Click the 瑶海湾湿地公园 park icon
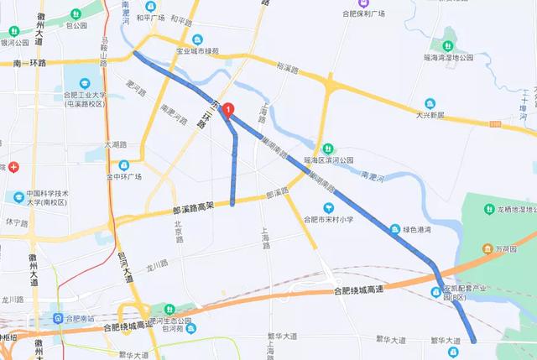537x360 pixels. coord(449,41)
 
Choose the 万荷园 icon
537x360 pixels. coord(485,249)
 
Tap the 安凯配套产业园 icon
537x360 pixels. coord(435,291)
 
